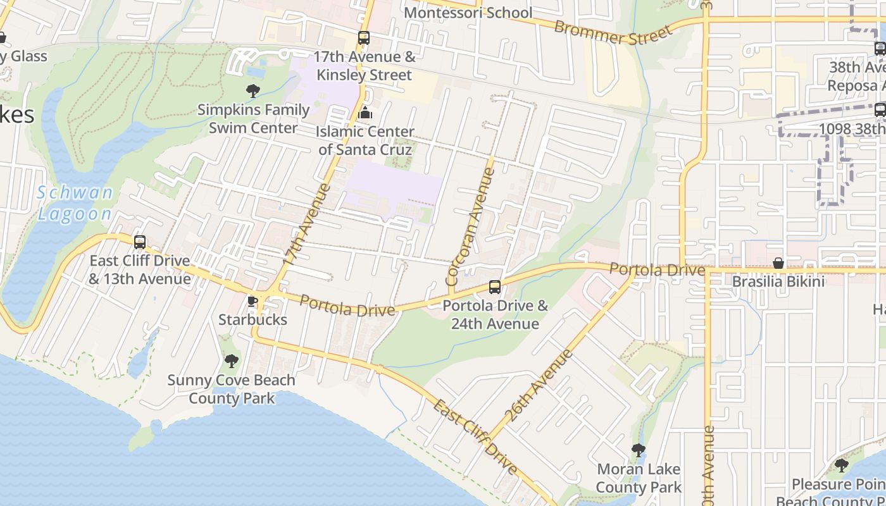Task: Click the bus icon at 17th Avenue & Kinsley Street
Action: tap(363, 38)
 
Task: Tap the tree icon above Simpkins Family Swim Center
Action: tap(253, 90)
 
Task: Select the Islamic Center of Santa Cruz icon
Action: tap(365, 113)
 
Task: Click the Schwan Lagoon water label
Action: tap(75, 203)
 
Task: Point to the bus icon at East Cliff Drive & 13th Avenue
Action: tap(140, 242)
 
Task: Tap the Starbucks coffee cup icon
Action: tap(253, 300)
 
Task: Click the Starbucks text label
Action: tap(253, 319)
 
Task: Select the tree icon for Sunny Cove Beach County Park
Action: tap(232, 361)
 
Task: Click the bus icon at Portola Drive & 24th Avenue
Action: tap(495, 287)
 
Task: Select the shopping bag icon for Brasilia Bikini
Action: tap(778, 262)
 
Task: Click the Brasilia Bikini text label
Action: tap(778, 281)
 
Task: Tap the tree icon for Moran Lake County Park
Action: tap(639, 450)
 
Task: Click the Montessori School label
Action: tap(468, 13)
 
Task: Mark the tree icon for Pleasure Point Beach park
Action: tap(841, 466)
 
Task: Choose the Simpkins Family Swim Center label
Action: tap(253, 119)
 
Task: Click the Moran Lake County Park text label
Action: tap(639, 478)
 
